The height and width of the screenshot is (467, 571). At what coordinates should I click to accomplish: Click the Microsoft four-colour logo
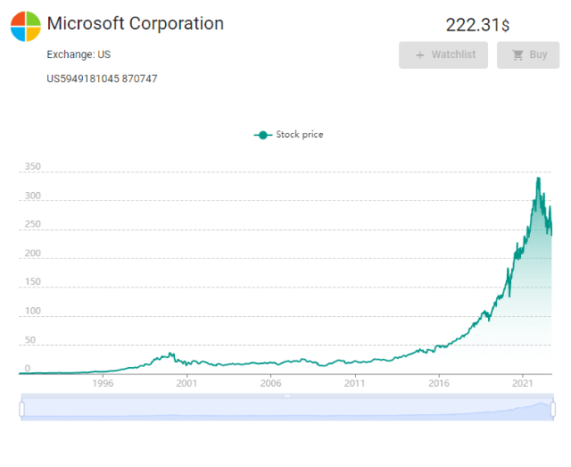coord(25,27)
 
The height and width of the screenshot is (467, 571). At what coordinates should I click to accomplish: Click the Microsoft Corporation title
coord(135,24)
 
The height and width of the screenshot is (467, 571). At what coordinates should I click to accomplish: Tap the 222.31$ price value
coord(477,26)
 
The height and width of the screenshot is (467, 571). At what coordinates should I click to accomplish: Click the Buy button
coord(529,54)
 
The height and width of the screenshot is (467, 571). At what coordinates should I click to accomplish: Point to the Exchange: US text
coord(79,55)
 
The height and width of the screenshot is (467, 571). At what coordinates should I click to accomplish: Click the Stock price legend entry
coord(289,135)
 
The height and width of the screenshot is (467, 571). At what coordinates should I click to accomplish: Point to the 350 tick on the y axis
coord(33,167)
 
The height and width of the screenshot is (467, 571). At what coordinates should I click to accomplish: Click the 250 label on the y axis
coord(33,225)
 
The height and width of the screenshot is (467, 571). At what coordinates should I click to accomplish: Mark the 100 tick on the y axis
coord(33,311)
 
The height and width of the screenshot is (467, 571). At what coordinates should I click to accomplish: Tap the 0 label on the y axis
coord(28,368)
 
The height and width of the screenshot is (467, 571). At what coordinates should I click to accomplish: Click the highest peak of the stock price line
coord(538,179)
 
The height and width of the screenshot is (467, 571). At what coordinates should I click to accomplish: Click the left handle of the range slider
coord(21,408)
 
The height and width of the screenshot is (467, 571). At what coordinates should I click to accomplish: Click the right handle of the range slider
coord(552,408)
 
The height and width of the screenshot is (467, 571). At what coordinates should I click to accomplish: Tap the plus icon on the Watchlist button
coord(420,55)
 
